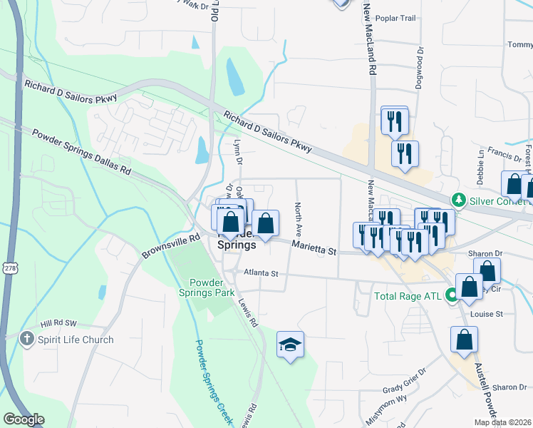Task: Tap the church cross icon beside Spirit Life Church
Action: [28, 339]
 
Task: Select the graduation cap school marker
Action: [291, 345]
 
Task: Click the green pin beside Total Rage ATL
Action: [452, 295]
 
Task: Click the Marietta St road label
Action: [314, 248]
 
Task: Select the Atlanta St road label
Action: [264, 273]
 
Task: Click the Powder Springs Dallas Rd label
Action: [81, 151]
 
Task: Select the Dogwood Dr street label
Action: [420, 68]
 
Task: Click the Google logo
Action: [24, 419]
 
